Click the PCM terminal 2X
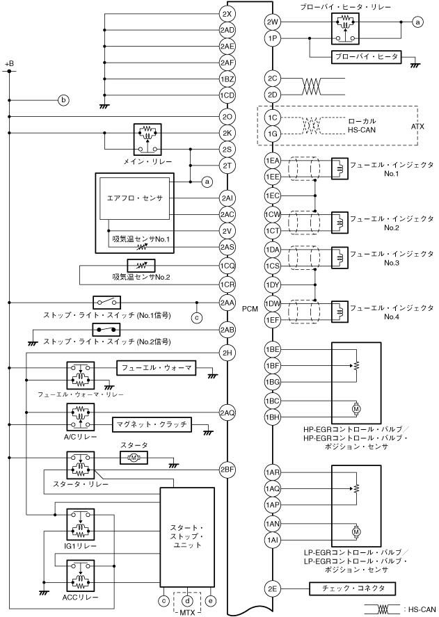pyautogui.click(x=228, y=14)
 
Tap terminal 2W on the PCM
pyautogui.click(x=273, y=22)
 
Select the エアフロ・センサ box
pyautogui.click(x=135, y=198)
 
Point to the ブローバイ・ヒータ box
pyautogui.click(x=366, y=57)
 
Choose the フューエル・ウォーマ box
pyautogui.click(x=156, y=368)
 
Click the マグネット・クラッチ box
pyautogui.click(x=152, y=424)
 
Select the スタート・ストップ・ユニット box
pyautogui.click(x=187, y=536)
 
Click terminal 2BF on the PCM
pyautogui.click(x=228, y=470)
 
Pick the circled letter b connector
pyautogui.click(x=63, y=100)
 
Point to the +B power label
pyautogui.click(x=9, y=64)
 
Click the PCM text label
pyautogui.click(x=250, y=309)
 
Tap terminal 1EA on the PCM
pyautogui.click(x=273, y=161)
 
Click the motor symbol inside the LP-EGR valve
pyautogui.click(x=356, y=531)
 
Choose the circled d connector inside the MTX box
pyautogui.click(x=187, y=601)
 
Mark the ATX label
pyautogui.click(x=417, y=127)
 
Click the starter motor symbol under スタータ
pyautogui.click(x=134, y=457)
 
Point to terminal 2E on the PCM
pyautogui.click(x=273, y=588)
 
